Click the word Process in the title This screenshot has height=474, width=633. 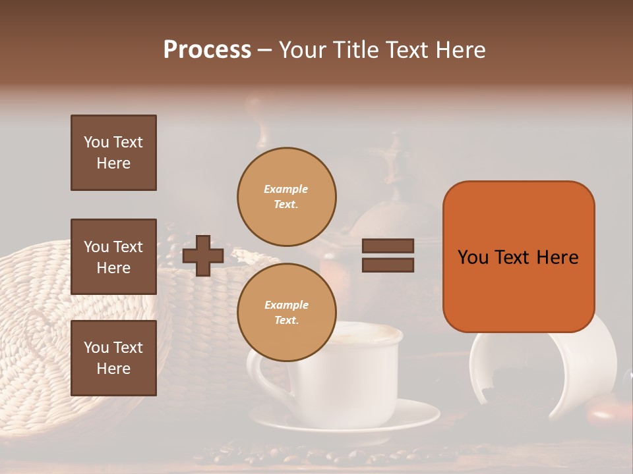coord(207,50)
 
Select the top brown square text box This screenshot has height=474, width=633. coord(113,153)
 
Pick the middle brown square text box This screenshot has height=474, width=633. coord(113,257)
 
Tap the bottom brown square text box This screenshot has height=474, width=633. coord(113,358)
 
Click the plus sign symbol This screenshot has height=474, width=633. coord(202,255)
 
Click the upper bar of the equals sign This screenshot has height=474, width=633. coord(388,246)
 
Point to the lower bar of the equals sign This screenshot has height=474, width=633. coord(388,265)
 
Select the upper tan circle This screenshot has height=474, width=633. coord(286,196)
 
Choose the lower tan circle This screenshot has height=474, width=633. coord(286,312)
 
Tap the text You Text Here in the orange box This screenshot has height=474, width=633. coord(518,257)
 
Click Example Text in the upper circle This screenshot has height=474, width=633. coord(286,196)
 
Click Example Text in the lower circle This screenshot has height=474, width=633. coord(286,312)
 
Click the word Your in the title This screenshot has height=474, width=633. coord(303,50)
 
